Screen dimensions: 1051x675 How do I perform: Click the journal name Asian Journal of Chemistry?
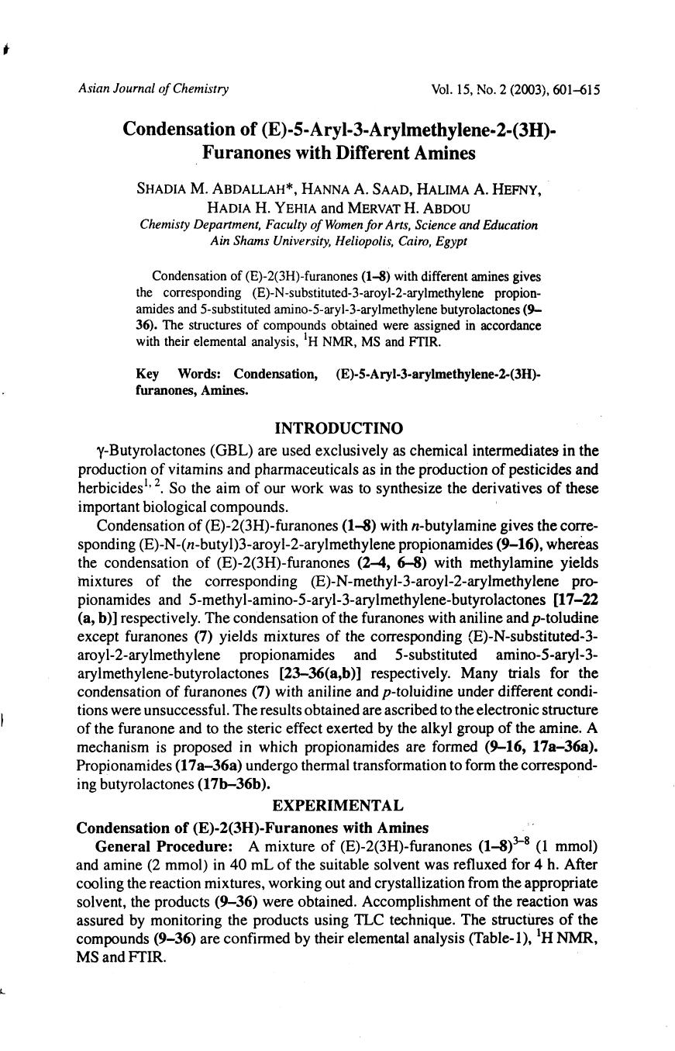tap(153, 88)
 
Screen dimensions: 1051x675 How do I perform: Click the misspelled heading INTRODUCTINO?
tap(339, 428)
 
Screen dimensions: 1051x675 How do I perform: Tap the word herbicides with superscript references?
tap(111, 489)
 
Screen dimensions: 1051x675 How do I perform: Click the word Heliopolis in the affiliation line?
tap(368, 241)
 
